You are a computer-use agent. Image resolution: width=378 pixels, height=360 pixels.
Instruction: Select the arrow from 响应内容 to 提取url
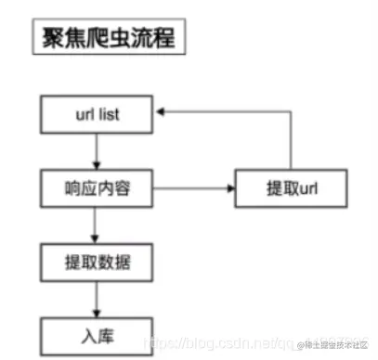[190, 189]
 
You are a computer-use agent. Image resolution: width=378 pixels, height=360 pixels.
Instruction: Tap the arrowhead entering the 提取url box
[229, 189]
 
